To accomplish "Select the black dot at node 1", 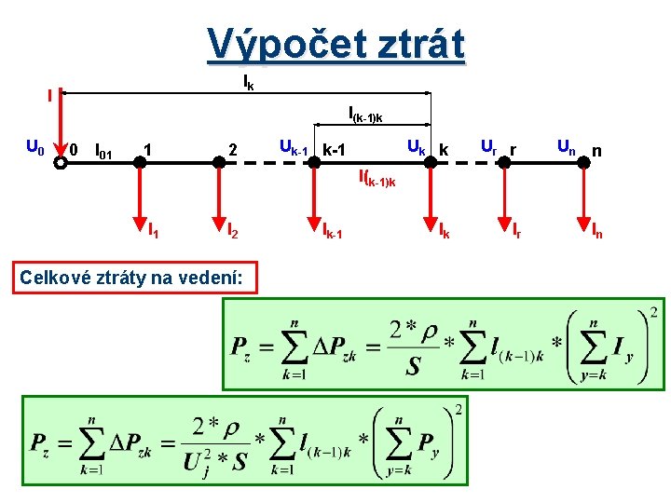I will coord(139,161).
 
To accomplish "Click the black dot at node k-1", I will coord(314,161).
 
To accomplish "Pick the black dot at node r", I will coord(503,161).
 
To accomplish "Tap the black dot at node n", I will coord(583,161).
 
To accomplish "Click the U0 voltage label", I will coord(34,147).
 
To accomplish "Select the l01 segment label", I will coord(104,149).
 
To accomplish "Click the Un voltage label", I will coord(567,145).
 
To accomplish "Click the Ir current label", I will coord(516,227).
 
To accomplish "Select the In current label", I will coord(596,227).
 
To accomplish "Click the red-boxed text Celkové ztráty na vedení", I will coord(134,277).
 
